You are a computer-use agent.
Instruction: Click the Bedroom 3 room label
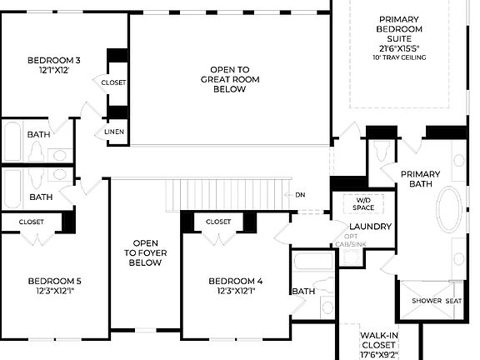54,65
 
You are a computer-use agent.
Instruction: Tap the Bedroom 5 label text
54,286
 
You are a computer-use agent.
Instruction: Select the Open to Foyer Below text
145,252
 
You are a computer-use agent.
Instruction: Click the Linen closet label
114,132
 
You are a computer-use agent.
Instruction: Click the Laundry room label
370,227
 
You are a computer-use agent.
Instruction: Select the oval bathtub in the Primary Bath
450,211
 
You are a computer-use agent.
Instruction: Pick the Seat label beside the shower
453,301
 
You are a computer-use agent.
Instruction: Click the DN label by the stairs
301,195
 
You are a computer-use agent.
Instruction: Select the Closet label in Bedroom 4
218,222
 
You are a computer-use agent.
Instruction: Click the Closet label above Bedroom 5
32,222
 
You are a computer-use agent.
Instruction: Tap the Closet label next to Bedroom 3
113,82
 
